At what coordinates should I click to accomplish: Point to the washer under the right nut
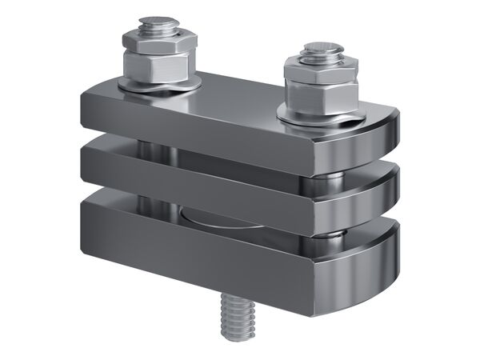[x=320, y=121]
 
